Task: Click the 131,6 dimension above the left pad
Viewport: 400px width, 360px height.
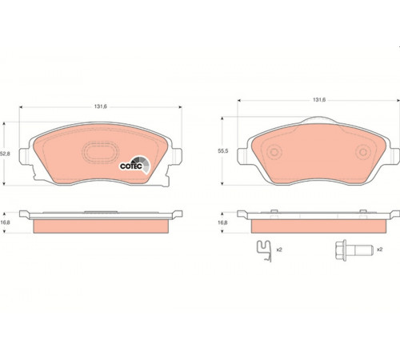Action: point(101,106)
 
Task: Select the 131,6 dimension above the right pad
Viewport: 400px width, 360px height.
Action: point(319,100)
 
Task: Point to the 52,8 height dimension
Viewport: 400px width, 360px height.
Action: point(5,154)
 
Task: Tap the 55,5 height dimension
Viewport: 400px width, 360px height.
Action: point(223,151)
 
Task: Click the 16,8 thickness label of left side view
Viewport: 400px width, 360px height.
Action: point(5,222)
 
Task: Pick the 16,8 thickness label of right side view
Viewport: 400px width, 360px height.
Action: point(222,222)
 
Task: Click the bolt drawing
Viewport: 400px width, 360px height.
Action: point(354,250)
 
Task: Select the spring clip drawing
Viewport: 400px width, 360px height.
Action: point(264,250)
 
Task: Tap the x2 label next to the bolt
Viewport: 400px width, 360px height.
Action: point(380,250)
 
